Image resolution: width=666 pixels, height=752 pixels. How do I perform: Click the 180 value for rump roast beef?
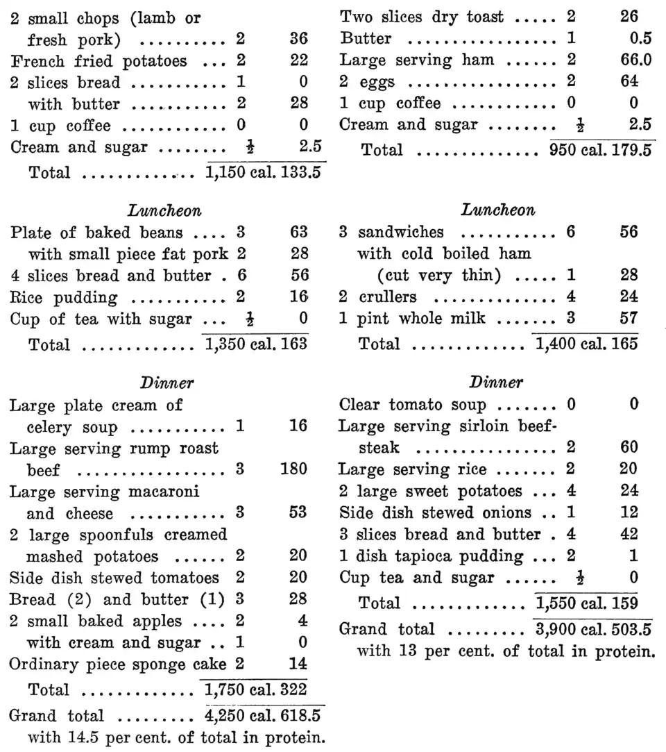pos(293,470)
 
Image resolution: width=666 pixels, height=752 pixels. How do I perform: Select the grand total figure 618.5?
pos(300,715)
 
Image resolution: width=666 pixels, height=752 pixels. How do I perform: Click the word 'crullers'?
pos(388,296)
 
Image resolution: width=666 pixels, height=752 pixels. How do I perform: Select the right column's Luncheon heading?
pos(498,210)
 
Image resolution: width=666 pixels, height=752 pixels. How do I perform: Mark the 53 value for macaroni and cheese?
pos(298,514)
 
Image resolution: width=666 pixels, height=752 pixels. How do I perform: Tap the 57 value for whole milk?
pos(629,319)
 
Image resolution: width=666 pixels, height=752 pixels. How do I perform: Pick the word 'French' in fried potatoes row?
pos(34,61)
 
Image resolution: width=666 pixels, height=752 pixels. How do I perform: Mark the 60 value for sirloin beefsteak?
pos(629,448)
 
